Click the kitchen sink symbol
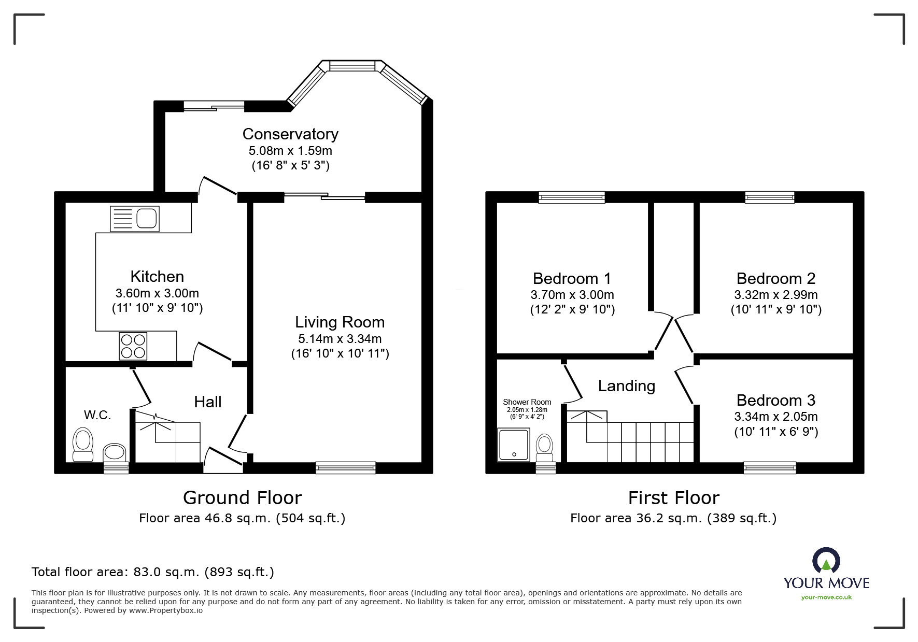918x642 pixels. [135, 219]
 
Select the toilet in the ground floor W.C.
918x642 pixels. [83, 444]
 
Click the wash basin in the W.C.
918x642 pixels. [115, 452]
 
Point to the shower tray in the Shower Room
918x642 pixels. [514, 445]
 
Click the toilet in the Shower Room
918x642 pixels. [544, 447]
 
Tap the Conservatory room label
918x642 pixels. [290, 134]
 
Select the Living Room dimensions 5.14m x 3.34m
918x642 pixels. [340, 339]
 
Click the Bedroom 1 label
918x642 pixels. [572, 279]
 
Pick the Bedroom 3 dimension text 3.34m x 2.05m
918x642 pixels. [775, 417]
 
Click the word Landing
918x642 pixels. [626, 386]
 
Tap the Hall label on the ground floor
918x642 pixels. [208, 402]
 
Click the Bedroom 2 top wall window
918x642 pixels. [769, 197]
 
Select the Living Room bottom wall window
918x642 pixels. [346, 468]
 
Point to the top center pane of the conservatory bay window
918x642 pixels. [352, 66]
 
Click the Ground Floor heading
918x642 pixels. [242, 498]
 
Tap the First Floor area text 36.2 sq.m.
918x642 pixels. [673, 518]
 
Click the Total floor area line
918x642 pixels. [153, 572]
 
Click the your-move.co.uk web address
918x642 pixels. [826, 597]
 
